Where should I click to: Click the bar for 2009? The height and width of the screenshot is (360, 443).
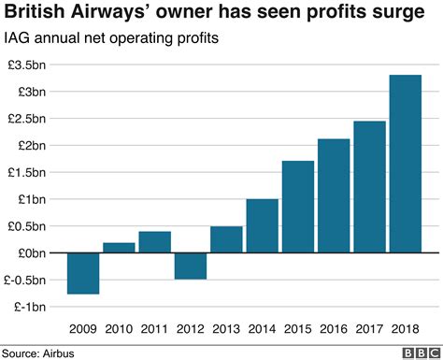83,273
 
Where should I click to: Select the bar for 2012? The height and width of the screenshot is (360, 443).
191,266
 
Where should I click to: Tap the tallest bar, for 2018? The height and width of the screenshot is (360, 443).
405,164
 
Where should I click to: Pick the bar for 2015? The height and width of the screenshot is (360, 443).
298,207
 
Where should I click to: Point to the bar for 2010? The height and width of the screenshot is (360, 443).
119,248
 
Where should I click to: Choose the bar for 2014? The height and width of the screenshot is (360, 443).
262,225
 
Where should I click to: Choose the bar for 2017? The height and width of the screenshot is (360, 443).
369,187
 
